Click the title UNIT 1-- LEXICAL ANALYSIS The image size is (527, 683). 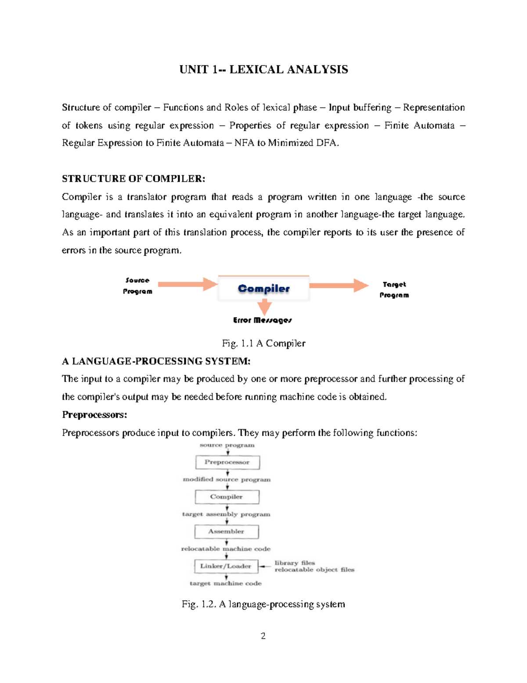tap(263, 69)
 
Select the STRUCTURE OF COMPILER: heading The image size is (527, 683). tap(134, 179)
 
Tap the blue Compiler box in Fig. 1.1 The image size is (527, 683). tap(263, 289)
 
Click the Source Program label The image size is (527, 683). tap(137, 286)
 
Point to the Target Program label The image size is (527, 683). tap(394, 290)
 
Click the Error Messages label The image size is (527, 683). tap(262, 320)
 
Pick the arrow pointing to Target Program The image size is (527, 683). tap(339, 285)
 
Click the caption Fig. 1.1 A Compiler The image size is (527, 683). tap(263, 343)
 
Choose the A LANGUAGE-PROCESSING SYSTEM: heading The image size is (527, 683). tap(156, 361)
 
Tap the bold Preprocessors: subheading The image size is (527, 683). tap(94, 415)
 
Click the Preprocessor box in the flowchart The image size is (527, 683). tap(227, 462)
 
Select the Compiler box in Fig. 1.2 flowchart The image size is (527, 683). tap(227, 497)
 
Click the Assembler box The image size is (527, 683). tap(226, 531)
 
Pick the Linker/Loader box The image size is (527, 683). tap(226, 566)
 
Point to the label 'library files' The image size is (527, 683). tap(295, 563)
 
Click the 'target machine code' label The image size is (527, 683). tap(225, 583)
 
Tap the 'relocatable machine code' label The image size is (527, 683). tap(226, 549)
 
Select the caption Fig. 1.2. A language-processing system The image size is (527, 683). tap(263, 604)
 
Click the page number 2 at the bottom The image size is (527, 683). tap(263, 636)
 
